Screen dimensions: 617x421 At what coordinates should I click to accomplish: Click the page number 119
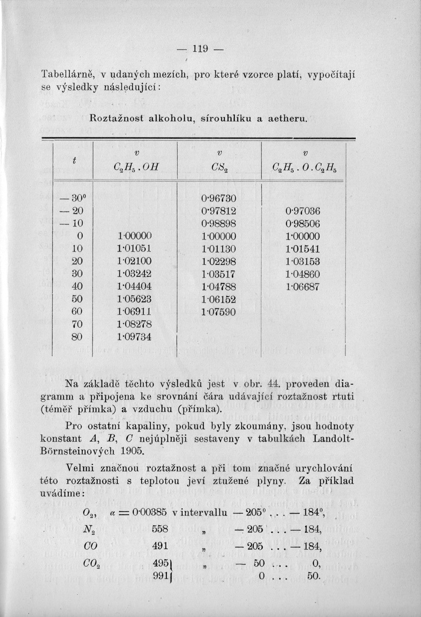click(200, 49)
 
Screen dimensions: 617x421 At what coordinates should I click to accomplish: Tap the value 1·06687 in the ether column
click(303, 287)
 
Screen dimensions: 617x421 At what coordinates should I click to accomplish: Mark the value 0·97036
click(303, 211)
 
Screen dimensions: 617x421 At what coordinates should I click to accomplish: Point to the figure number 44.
click(260, 384)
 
